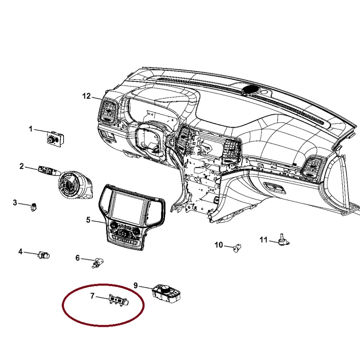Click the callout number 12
point(87,96)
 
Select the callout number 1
point(31,129)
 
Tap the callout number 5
point(88,220)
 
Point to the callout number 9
point(136,286)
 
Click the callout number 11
point(264,240)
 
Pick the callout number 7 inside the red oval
point(92,296)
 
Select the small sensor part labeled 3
point(34,207)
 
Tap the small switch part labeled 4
point(44,255)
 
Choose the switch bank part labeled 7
point(119,300)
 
